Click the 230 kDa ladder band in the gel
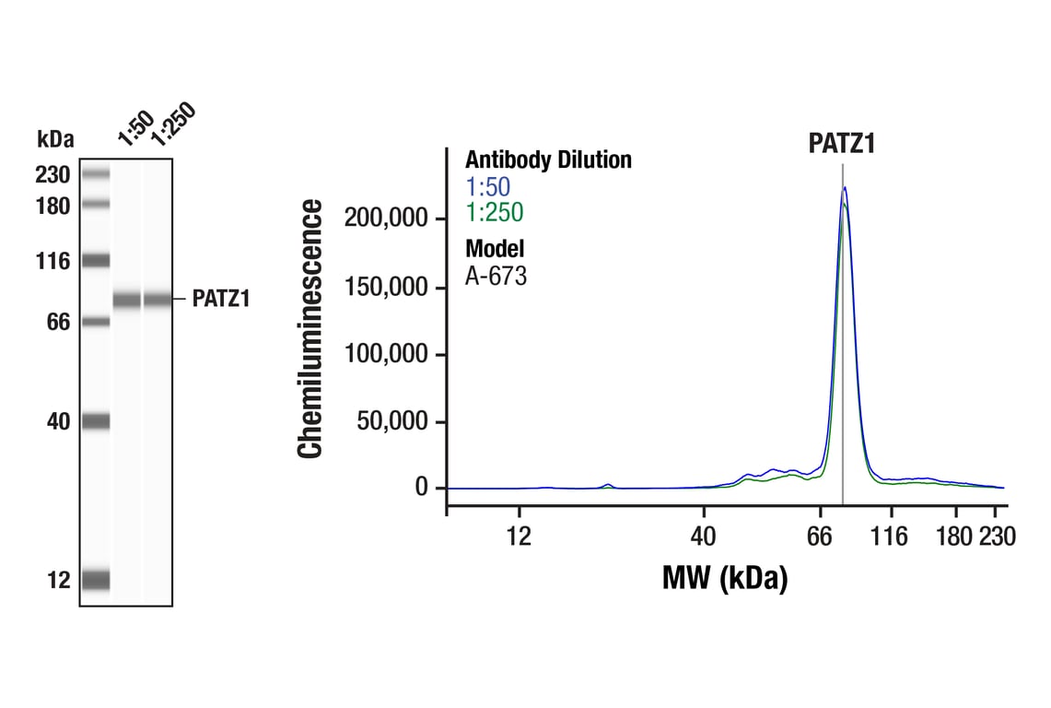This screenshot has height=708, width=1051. [x=95, y=173]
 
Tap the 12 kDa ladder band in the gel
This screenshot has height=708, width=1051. [x=95, y=580]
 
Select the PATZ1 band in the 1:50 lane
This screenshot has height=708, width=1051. [x=127, y=299]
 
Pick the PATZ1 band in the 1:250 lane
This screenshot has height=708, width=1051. [x=158, y=299]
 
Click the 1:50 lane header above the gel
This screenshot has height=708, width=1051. [x=134, y=128]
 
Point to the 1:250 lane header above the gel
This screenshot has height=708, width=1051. [x=172, y=124]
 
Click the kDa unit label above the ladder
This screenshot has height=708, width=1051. [x=55, y=139]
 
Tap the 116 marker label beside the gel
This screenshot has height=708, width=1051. [x=53, y=262]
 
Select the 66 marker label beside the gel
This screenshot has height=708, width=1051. [x=58, y=322]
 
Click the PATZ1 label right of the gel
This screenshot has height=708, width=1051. [x=221, y=299]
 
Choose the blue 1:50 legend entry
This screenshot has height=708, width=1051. [x=488, y=186]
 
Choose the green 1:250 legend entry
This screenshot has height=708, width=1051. [x=494, y=213]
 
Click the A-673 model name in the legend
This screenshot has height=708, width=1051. [x=496, y=276]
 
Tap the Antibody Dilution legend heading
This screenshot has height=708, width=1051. [x=548, y=159]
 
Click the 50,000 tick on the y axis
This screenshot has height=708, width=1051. [x=393, y=422]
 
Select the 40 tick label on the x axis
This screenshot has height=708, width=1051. [x=704, y=537]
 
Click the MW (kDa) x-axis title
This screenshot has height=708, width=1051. [x=724, y=579]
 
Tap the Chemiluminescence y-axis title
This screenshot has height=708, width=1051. [x=310, y=328]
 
